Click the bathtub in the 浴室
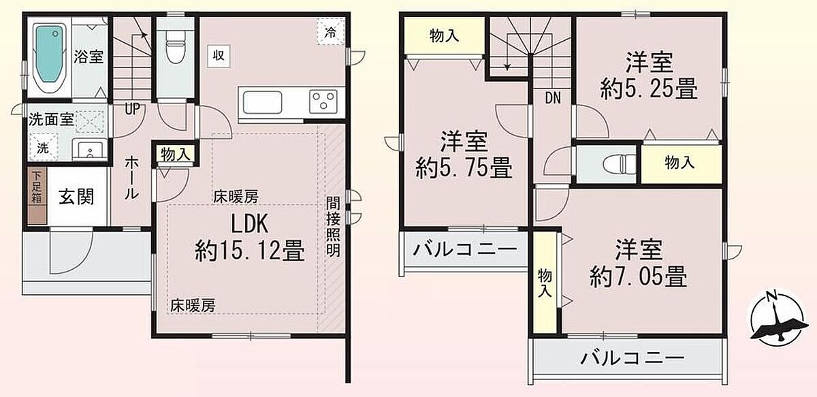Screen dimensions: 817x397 pos(49,53)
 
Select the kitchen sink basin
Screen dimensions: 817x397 pos(262,103)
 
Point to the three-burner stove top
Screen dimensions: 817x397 pos(323,101)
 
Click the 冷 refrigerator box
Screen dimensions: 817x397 pos(330,32)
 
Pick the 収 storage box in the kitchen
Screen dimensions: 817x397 pos(219,57)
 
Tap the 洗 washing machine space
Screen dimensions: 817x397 pos(44,147)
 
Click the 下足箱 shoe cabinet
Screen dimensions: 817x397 pos(37,196)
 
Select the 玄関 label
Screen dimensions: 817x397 pos(76,197)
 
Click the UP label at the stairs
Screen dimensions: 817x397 pos(132,108)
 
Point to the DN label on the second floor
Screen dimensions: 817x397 pos(553,98)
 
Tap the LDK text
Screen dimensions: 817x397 pos(250,223)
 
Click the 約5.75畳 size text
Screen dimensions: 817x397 pos(464,168)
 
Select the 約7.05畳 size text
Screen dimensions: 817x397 pos(639,276)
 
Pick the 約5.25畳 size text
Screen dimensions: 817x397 pos(649,89)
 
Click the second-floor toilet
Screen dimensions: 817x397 pos(620,164)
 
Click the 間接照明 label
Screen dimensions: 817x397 pos(333,227)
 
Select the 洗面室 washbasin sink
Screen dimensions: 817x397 pos(90,150)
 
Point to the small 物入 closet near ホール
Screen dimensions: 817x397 pos(176,155)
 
